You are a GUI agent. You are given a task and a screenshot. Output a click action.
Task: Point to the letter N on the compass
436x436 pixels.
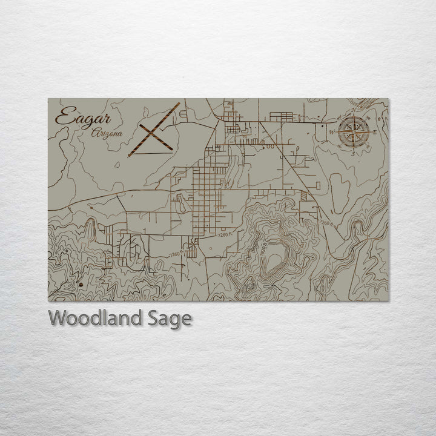pos(355,111)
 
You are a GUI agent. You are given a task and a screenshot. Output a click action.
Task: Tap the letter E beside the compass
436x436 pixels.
pos(375,131)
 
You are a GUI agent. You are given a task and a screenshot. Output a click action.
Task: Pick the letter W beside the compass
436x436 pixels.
pos(332,131)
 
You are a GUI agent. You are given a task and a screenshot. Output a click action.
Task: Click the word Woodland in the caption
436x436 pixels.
pos(90,318)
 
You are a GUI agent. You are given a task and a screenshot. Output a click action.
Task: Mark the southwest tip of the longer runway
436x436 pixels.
pos(129,156)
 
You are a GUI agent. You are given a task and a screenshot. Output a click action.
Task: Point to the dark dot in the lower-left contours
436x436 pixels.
pos(80,283)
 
